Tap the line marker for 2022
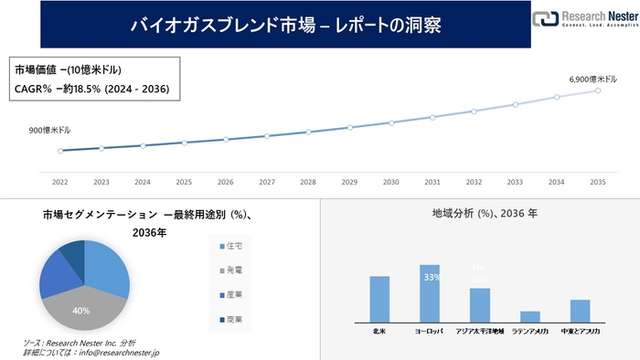coord(60,151)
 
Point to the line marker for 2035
coord(598,90)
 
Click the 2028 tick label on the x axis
coord(308,181)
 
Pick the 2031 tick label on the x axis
coord(432,181)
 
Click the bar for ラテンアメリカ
coord(530,315)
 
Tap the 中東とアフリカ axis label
coord(580,331)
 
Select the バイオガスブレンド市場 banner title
coord(285,25)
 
